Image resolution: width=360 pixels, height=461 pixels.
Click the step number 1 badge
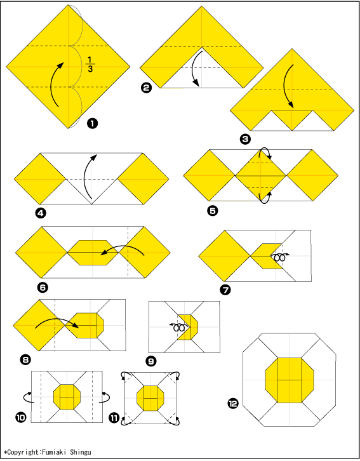pos(92,123)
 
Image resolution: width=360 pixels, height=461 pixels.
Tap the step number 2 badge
pos(147,88)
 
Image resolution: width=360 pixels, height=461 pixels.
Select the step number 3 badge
pos(245,139)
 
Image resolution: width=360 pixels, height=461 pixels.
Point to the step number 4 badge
pos(41,213)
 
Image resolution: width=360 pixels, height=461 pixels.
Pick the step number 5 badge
pos(213,211)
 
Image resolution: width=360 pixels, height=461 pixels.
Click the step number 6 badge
pos(43,287)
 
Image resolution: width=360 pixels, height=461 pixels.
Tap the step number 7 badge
pos(225,290)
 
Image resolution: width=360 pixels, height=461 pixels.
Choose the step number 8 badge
pos(25,359)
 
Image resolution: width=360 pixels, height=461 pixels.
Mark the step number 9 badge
pos(151,361)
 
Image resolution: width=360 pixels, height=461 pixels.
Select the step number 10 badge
pos(20,417)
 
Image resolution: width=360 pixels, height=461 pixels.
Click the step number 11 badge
pos(114,418)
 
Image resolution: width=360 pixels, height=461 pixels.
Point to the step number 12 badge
pos(233,403)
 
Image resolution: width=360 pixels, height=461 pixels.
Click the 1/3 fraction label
pos(90,64)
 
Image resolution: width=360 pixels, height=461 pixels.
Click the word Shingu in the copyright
pos(81,453)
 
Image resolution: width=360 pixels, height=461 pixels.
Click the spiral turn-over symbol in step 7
pos(279,258)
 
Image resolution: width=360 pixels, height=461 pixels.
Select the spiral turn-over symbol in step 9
pos(178,327)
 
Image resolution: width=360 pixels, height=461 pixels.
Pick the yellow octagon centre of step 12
pos(290,380)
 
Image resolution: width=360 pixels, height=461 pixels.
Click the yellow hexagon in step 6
pos(93,253)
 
